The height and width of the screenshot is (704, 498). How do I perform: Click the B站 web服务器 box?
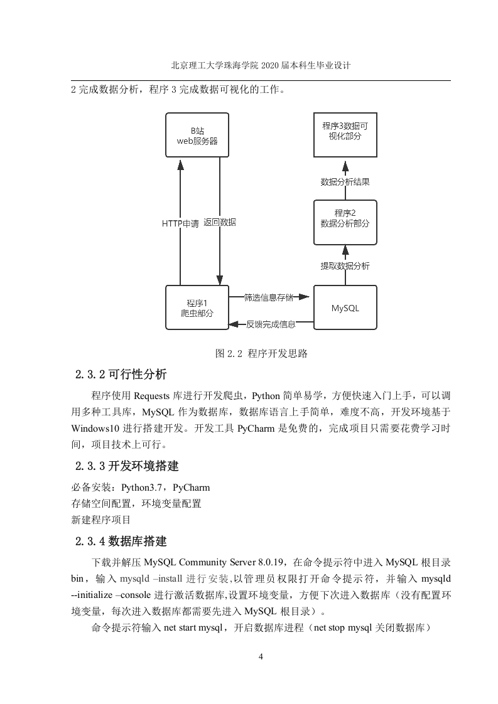197,135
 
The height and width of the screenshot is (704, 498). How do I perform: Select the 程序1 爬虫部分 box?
197,307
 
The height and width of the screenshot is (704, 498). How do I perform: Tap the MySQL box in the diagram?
345,307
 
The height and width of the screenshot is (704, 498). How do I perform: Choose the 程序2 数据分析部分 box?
345,223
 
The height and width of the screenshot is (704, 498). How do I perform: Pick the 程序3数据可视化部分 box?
345,135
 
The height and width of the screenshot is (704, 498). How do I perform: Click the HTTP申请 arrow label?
180,223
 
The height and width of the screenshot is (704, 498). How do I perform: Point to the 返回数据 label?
220,222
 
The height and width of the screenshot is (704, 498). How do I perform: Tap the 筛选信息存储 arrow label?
269,297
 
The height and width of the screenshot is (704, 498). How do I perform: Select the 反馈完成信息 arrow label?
271,324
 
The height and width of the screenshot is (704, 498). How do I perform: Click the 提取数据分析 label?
345,266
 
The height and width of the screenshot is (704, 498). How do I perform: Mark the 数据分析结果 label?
345,182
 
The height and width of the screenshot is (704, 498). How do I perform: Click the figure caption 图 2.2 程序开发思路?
261,353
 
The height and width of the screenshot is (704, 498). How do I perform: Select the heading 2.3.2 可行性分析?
121,374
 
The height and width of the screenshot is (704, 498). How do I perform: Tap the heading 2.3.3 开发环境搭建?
127,466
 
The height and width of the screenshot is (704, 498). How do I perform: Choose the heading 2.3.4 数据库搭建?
121,541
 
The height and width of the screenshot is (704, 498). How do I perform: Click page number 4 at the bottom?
261,656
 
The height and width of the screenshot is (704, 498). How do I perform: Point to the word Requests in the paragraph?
152,396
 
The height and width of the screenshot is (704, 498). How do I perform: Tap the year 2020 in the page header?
269,65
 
